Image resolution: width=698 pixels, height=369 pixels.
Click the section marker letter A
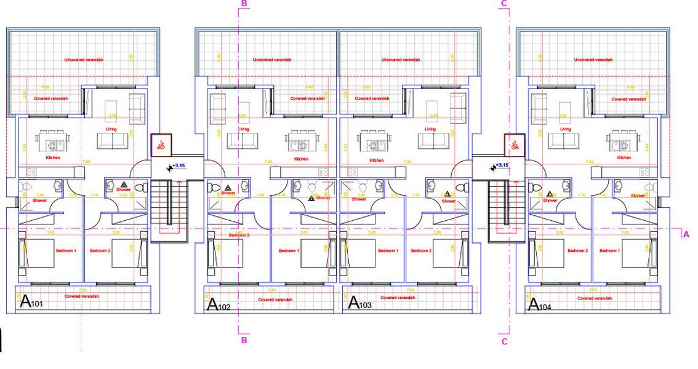click(x=686, y=234)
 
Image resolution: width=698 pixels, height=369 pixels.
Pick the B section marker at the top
click(x=244, y=4)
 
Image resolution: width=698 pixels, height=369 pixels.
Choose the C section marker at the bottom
click(x=504, y=342)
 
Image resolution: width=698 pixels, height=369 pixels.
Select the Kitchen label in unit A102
click(x=301, y=159)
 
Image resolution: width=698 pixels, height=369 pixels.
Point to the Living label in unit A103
click(x=430, y=129)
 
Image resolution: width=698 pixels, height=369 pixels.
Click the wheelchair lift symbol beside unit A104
click(x=513, y=145)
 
